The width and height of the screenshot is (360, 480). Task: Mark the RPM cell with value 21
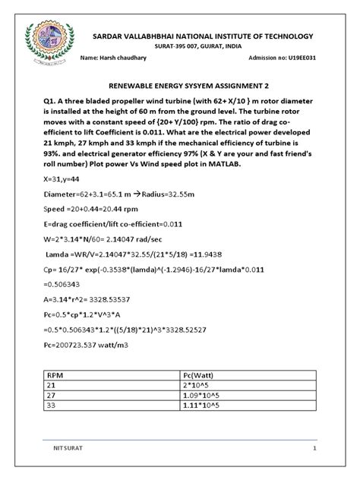coord(52,386)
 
